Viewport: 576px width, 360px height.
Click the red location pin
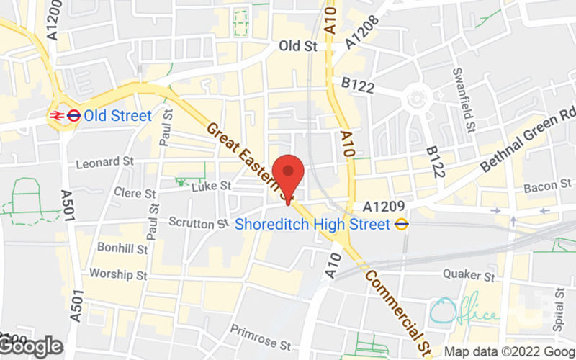coord(289,173)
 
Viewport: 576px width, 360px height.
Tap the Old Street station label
coord(117,116)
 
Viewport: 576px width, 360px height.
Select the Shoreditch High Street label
coord(312,224)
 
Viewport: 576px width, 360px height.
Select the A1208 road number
coord(361,31)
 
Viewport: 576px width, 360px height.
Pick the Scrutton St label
coord(198,224)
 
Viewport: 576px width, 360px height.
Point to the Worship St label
coord(119,275)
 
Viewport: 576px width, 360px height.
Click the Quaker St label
coord(469,275)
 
